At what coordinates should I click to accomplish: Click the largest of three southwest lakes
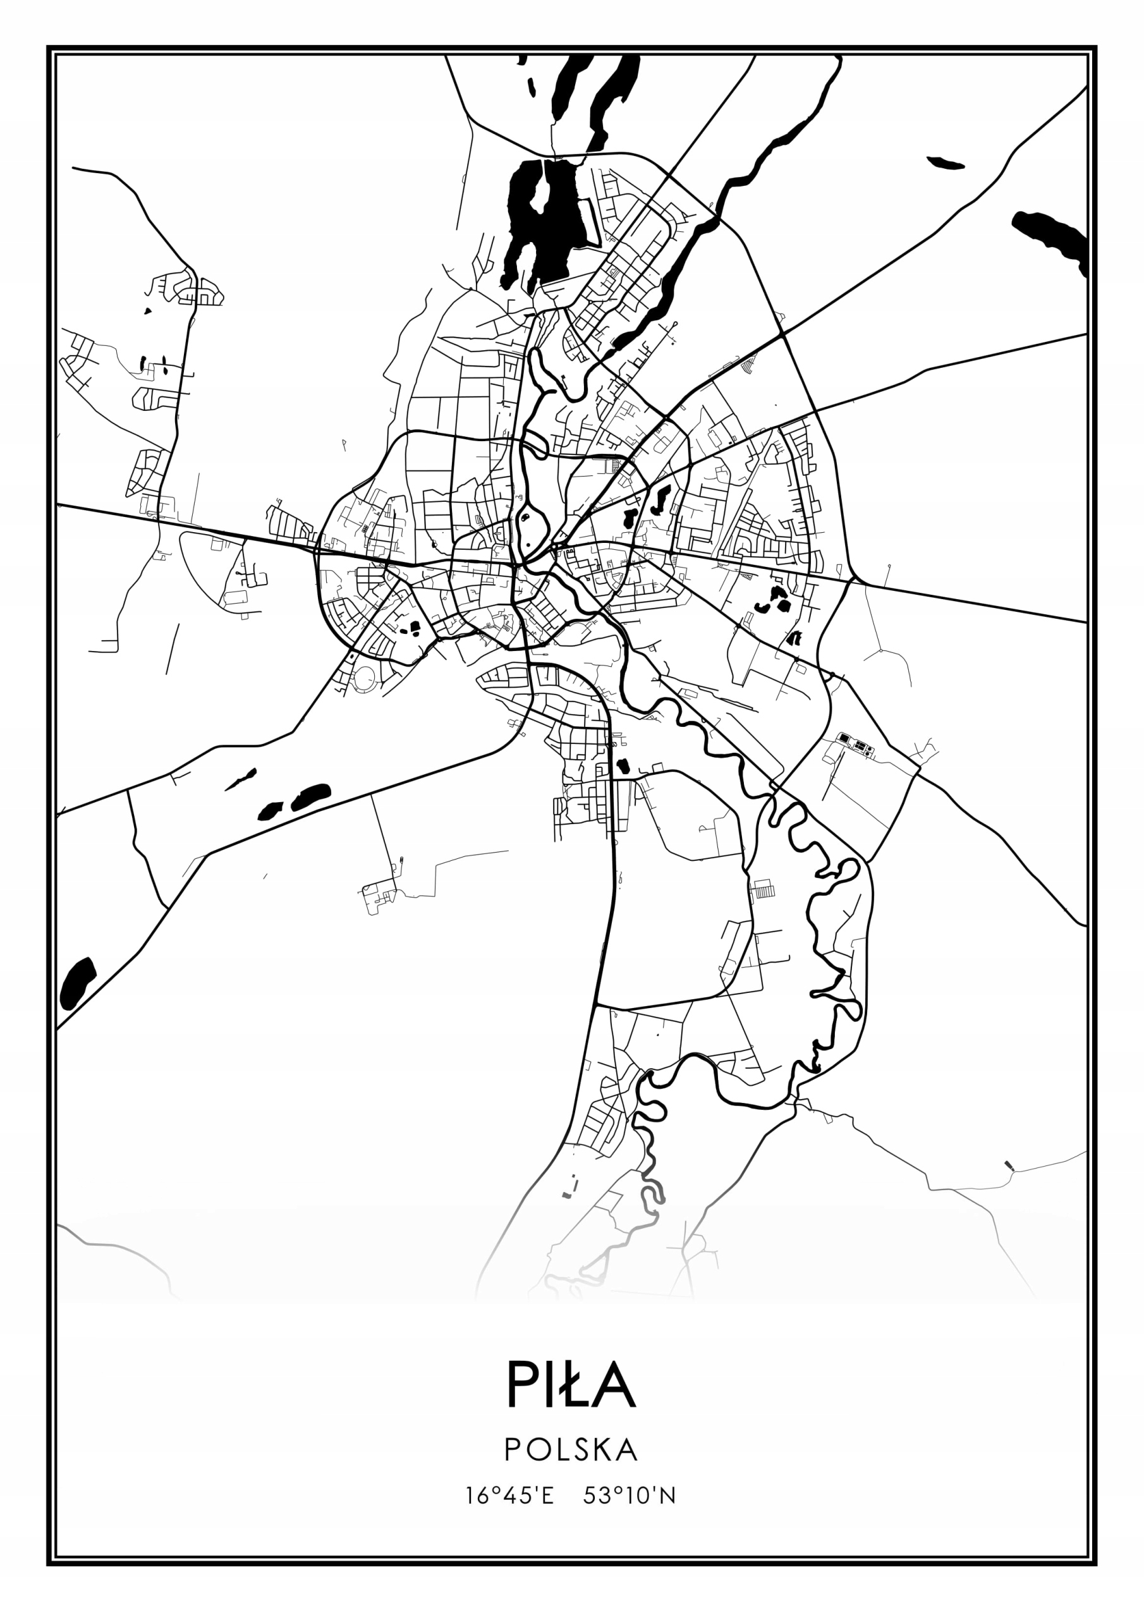[x=311, y=796]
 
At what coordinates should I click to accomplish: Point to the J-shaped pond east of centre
[x=660, y=499]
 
